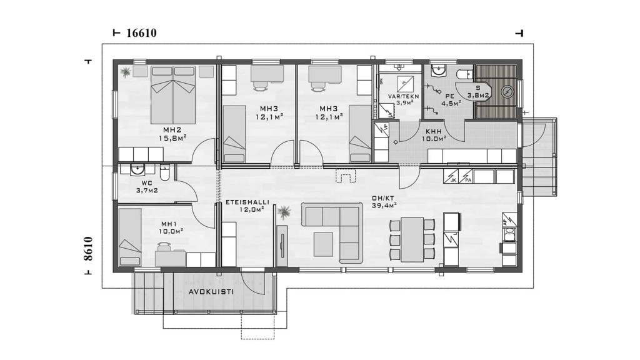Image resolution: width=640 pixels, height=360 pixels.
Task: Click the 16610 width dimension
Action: (x=142, y=33)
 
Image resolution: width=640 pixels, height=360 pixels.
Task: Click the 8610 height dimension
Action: (x=87, y=249)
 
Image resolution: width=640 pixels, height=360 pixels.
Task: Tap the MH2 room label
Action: (x=172, y=130)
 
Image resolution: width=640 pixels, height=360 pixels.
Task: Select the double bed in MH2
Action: (x=174, y=95)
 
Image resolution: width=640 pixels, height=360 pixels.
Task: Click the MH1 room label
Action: (x=169, y=224)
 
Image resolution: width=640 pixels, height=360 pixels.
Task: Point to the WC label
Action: (x=147, y=183)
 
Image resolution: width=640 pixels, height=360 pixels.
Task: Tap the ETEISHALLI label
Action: (x=247, y=202)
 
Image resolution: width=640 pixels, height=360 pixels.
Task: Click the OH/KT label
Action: (x=382, y=198)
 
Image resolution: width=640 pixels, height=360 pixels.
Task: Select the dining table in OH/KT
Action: (x=412, y=239)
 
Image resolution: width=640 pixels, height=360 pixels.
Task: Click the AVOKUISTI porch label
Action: (x=211, y=292)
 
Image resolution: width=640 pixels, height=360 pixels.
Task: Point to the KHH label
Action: (x=434, y=132)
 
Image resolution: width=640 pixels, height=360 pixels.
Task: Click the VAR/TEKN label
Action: (x=403, y=96)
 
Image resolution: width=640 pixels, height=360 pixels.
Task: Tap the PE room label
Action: (x=450, y=96)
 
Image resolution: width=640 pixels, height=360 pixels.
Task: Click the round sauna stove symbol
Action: (x=507, y=92)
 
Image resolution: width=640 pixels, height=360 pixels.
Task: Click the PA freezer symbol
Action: (x=466, y=176)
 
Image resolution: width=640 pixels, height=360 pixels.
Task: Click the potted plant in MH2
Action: (x=126, y=72)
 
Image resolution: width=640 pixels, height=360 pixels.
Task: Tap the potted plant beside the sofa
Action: (x=283, y=212)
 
